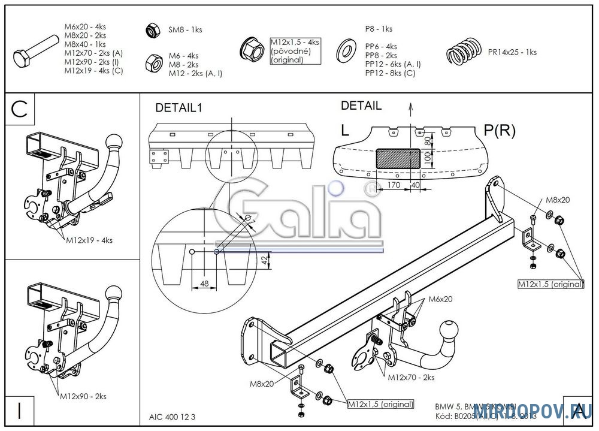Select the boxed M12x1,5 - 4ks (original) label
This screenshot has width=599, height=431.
point(295,51)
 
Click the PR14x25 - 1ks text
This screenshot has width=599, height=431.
point(512,52)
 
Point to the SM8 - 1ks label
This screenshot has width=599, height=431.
point(185,29)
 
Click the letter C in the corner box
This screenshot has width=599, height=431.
point(19,108)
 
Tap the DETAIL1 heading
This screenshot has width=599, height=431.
point(180,108)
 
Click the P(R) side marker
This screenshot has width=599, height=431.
point(499,130)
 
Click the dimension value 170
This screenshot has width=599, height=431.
point(393,185)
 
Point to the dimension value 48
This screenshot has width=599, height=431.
point(204,284)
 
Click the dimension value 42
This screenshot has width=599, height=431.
point(265,260)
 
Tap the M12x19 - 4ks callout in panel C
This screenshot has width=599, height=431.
point(89,240)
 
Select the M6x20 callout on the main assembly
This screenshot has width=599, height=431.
point(440,299)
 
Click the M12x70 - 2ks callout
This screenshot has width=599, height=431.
point(411,377)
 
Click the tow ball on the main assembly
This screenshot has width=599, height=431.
point(449,331)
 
